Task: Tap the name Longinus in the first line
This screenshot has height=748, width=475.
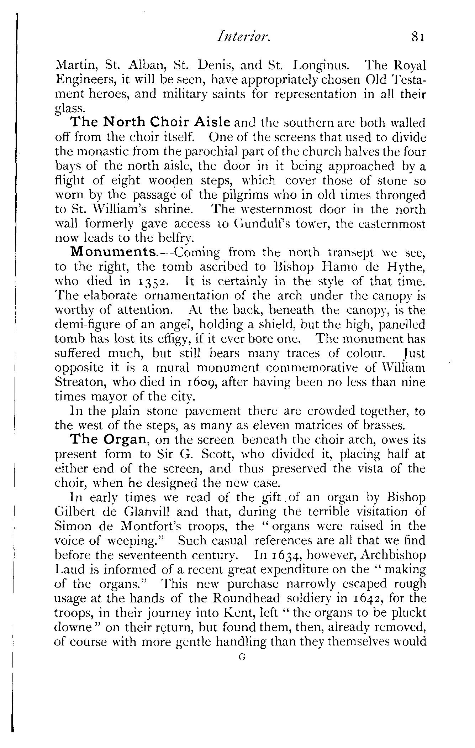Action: click(319, 66)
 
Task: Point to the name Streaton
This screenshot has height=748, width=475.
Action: click(80, 382)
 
